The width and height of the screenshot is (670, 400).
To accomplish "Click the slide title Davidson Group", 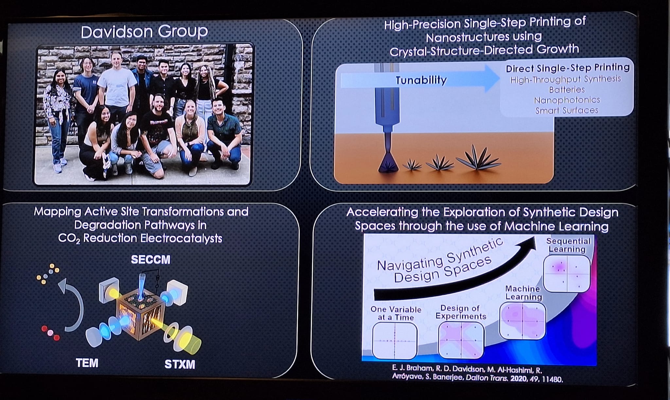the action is (x=144, y=32).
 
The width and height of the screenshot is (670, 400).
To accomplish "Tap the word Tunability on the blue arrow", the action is (x=421, y=80).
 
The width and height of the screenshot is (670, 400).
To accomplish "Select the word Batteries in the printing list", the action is (x=567, y=90).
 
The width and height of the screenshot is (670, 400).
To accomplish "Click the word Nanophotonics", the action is (x=567, y=100).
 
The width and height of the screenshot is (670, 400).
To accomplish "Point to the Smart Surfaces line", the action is (x=567, y=110).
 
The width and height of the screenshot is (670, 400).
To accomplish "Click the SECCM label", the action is (x=150, y=259).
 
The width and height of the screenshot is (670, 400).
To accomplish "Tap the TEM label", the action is (x=87, y=363).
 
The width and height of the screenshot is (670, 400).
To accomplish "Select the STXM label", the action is (x=180, y=364).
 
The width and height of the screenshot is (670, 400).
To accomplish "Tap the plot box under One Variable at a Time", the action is (x=395, y=341).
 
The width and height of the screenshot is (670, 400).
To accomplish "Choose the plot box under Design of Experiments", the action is (x=461, y=340).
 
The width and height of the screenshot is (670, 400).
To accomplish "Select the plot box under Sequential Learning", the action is (x=567, y=274).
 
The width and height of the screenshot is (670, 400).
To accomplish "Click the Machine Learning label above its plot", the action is (x=523, y=293).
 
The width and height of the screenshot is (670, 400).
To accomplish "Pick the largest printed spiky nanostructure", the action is (x=479, y=159).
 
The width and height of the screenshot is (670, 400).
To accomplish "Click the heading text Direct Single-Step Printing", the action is (x=568, y=68).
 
